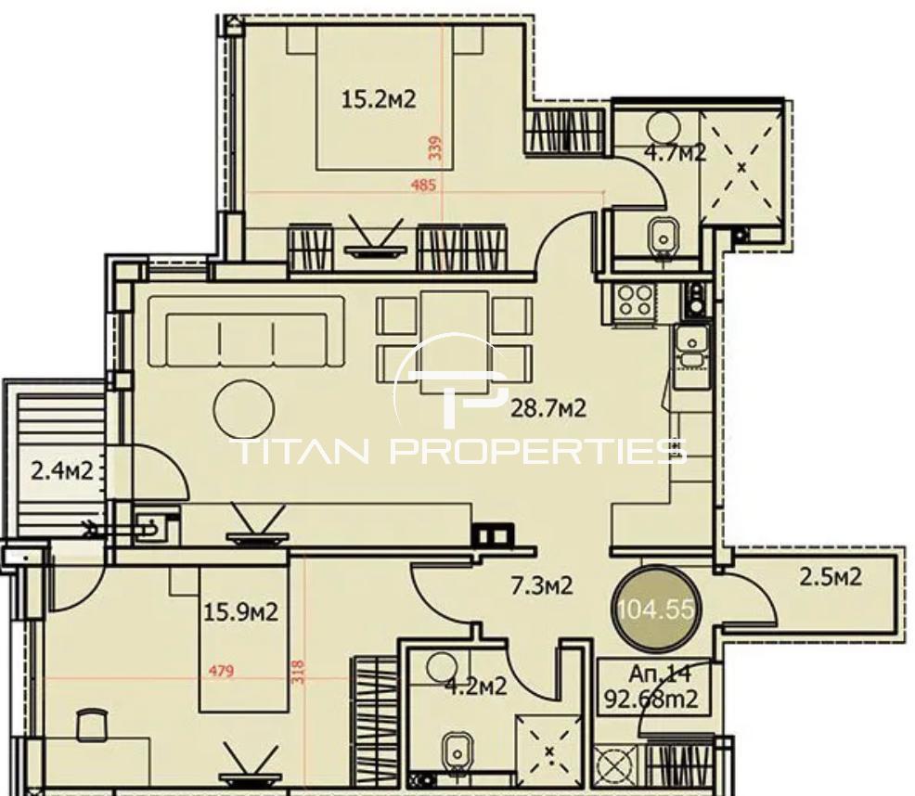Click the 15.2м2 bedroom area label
coord(378,100)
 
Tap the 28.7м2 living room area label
coord(548,408)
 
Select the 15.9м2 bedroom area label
coord(240,612)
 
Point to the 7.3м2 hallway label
coord(542,585)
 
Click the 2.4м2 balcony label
coord(62,470)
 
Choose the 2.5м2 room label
coord(831,577)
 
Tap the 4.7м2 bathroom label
coord(676,153)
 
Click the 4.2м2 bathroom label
coord(475,687)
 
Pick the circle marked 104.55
coord(656,610)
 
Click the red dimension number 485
coord(424,186)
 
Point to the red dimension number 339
coord(435,148)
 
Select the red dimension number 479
coord(221,671)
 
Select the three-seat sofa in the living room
coord(247,332)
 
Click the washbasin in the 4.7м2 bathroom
coord(663,236)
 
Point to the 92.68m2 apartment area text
coord(651,699)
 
